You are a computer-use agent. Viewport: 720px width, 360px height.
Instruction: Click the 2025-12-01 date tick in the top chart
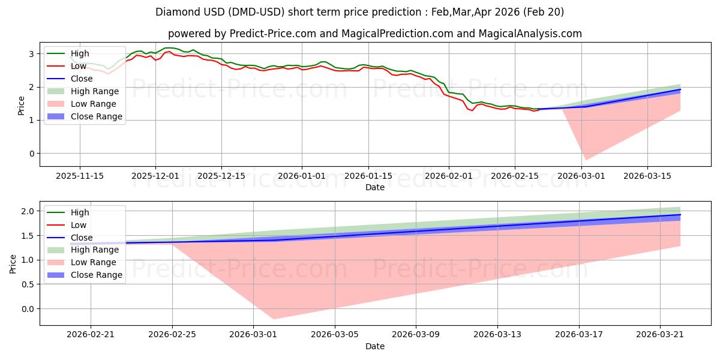point(155,176)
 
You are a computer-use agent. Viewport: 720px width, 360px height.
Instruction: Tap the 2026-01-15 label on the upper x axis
point(368,176)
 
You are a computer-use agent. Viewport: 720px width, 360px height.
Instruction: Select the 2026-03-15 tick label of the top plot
point(647,176)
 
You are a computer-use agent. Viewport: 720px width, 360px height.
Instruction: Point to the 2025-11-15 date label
point(80,176)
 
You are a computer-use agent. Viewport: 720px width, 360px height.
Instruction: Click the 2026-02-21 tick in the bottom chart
point(91,335)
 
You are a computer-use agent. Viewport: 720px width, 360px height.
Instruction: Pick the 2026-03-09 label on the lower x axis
point(416,335)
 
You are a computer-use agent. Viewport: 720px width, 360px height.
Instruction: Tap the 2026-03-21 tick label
point(660,335)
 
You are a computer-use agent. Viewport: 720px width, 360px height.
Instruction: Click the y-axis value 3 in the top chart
point(31,54)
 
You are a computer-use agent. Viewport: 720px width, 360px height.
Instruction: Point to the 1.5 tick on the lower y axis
point(28,236)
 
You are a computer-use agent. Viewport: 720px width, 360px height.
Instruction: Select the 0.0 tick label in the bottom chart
point(28,309)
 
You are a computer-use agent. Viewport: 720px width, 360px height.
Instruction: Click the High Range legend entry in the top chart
point(83,91)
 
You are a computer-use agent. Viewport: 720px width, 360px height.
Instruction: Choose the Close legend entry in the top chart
point(70,79)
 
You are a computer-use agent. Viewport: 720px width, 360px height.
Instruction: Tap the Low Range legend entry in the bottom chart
point(82,262)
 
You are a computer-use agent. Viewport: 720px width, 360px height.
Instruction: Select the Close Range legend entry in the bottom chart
point(85,275)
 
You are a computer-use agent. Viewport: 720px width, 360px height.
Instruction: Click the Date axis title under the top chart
point(375,187)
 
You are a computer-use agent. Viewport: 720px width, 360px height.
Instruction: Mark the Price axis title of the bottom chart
point(13,264)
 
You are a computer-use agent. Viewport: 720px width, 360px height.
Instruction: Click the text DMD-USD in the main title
point(257,12)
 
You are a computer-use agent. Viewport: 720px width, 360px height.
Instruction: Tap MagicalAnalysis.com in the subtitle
point(530,34)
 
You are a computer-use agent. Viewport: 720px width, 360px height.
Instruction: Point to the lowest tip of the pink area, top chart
point(586,160)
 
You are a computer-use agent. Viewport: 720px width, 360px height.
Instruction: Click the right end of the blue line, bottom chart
point(680,215)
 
